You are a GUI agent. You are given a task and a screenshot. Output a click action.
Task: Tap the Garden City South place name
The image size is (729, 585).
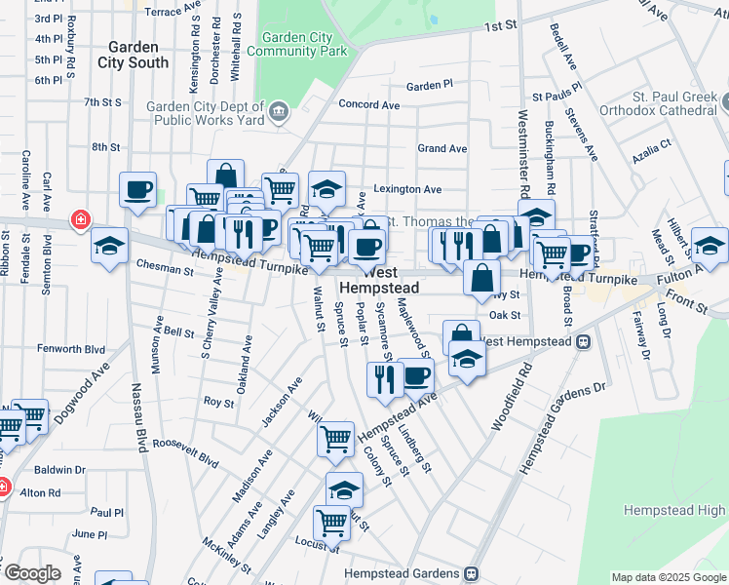pos(133,55)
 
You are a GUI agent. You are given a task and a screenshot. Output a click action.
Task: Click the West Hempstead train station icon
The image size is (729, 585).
pos(584,341)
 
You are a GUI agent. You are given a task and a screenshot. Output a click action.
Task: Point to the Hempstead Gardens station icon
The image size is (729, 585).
pos(471,573)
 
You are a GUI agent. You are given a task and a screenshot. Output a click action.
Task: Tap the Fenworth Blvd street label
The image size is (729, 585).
pos(70,348)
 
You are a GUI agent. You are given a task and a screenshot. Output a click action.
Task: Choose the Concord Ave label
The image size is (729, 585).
pos(369,105)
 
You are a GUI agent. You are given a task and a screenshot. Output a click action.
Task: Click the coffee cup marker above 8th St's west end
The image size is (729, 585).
pos(137,188)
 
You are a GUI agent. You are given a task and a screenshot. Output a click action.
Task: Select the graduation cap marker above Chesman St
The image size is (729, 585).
pos(109,245)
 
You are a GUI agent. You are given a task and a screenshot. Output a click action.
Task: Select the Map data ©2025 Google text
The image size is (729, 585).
pos(668,577)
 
